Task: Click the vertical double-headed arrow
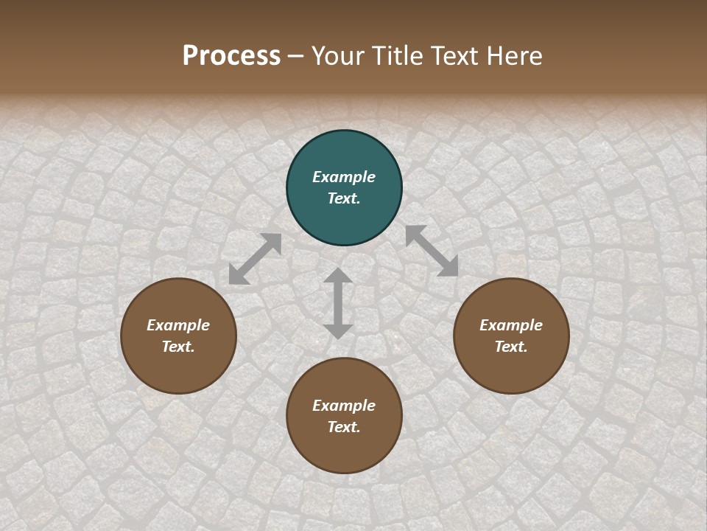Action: tap(338, 303)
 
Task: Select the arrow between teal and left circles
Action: tap(255, 259)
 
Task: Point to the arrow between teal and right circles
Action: tap(432, 251)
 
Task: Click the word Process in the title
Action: tap(231, 56)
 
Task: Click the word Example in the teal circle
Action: tap(344, 177)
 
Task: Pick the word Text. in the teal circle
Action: tap(344, 198)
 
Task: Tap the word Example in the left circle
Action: tap(178, 325)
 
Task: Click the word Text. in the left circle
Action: tap(178, 347)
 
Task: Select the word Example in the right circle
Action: tap(511, 325)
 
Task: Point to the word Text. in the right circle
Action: tap(511, 347)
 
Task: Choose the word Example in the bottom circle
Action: tap(344, 406)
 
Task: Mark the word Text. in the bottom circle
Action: tap(344, 427)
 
